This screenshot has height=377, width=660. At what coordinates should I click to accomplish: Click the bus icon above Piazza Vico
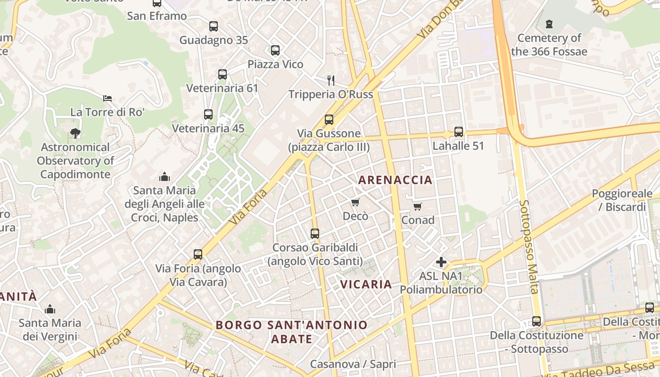pyautogui.click(x=275, y=50)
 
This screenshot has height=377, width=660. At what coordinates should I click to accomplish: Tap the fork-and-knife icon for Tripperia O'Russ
pyautogui.click(x=331, y=80)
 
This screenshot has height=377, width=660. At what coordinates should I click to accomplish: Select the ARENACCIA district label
pyautogui.click(x=395, y=180)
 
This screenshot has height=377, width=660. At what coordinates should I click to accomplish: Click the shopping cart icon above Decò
pyautogui.click(x=355, y=202)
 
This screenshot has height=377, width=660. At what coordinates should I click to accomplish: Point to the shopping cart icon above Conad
pyautogui.click(x=417, y=206)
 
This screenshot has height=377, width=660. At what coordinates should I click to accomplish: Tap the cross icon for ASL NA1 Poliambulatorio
pyautogui.click(x=441, y=262)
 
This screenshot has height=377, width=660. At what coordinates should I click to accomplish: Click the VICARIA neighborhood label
pyautogui.click(x=366, y=284)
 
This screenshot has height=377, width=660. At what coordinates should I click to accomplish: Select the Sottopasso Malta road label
pyautogui.click(x=528, y=246)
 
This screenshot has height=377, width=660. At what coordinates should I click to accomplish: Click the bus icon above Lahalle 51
pyautogui.click(x=458, y=132)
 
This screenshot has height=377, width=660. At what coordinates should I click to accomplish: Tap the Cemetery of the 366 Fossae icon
pyautogui.click(x=549, y=24)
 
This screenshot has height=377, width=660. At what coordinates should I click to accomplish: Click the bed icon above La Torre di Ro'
pyautogui.click(x=107, y=98)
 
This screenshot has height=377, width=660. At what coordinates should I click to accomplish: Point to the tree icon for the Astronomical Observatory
pyautogui.click(x=75, y=133)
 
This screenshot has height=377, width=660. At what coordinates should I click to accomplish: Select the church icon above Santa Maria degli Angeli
pyautogui.click(x=165, y=177)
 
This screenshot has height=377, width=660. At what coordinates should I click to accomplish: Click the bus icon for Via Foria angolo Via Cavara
pyautogui.click(x=198, y=254)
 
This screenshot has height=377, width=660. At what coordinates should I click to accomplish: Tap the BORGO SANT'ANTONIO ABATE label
pyautogui.click(x=291, y=332)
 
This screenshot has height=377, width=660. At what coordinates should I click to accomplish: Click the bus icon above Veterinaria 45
pyautogui.click(x=208, y=114)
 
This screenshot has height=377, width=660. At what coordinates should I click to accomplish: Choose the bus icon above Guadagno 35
pyautogui.click(x=214, y=26)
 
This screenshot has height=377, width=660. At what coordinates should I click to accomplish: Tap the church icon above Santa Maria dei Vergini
pyautogui.click(x=50, y=310)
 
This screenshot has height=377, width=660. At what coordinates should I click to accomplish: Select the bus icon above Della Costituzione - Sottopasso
pyautogui.click(x=536, y=321)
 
